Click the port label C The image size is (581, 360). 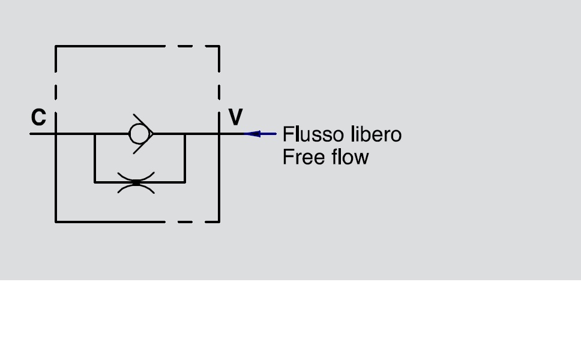(x=38, y=118)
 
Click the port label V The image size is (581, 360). (x=236, y=118)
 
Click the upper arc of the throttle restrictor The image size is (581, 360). (x=136, y=176)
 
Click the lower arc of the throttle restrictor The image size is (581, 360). (x=136, y=188)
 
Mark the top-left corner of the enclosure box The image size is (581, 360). (x=56, y=46)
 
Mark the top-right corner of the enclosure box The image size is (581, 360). (x=219, y=46)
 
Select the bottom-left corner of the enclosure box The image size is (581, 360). (x=56, y=221)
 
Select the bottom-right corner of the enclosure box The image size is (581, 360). (x=219, y=221)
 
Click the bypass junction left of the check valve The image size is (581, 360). (x=95, y=134)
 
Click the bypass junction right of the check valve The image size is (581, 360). (x=185, y=134)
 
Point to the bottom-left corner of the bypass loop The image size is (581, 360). (x=95, y=182)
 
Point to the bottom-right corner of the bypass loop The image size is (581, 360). (x=185, y=182)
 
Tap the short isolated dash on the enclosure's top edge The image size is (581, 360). (x=185, y=46)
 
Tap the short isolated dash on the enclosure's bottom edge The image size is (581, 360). (x=185, y=221)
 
